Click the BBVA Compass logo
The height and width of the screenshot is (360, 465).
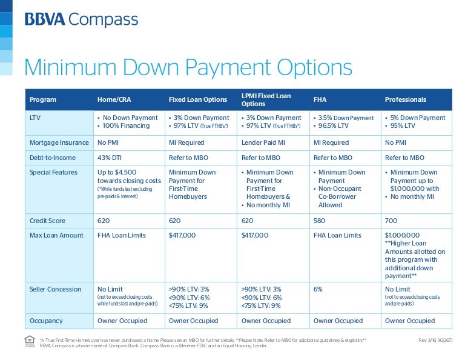tap(81, 20)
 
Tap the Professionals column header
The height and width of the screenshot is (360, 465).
tap(405, 99)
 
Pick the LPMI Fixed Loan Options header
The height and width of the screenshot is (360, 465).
tap(266, 99)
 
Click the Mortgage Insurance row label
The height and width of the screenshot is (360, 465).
tap(59, 142)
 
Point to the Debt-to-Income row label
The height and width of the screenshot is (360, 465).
tap(54, 158)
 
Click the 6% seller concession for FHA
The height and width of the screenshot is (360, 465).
tap(318, 289)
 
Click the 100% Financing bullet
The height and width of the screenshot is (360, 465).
tap(126, 125)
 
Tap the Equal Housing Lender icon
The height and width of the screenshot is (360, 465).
tap(29, 343)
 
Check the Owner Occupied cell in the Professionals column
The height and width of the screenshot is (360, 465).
tap(409, 321)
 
